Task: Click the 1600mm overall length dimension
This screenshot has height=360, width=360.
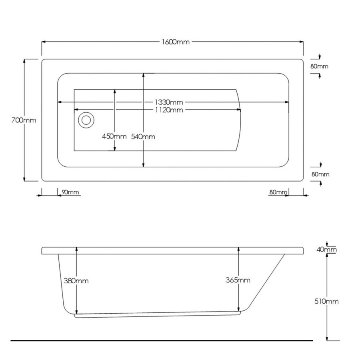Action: pos(175,42)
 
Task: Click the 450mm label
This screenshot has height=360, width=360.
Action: pos(114,136)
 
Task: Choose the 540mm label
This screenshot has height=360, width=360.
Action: pos(143,136)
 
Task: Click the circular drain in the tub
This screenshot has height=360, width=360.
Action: pos(86,120)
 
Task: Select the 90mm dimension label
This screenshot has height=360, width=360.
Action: pos(71,192)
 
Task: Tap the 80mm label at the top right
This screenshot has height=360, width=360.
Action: pos(319,66)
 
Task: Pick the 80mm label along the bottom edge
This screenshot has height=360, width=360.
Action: pos(278,192)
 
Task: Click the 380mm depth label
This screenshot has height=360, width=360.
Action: pos(76,280)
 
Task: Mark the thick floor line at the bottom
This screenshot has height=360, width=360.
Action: pos(160,341)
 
